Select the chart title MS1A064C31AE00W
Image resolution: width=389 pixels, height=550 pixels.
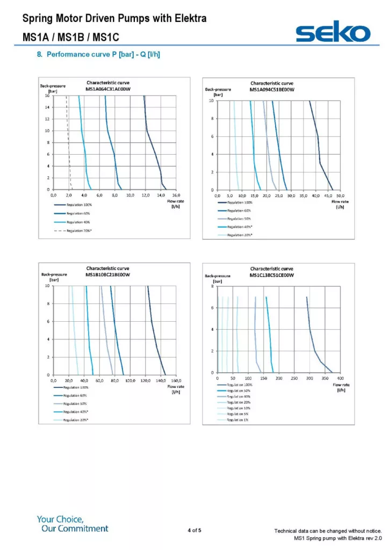coord(109,89)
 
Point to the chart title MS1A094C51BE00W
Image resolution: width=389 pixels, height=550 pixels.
coord(272,89)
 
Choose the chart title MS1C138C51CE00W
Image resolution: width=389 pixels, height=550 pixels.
coord(272,274)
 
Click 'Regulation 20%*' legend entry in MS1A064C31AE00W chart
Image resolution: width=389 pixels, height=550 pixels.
coord(78,230)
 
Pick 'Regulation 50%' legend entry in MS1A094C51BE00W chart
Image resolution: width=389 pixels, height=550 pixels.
coord(240,219)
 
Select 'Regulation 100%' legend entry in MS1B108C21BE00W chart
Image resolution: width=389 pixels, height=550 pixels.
coord(76,387)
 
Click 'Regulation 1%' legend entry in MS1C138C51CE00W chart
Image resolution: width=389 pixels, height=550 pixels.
coord(237,419)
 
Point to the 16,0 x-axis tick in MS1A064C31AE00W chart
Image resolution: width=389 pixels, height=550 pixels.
coord(176,195)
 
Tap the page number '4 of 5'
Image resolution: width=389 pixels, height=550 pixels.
coord(195,531)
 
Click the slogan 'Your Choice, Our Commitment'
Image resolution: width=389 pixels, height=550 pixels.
coord(73,524)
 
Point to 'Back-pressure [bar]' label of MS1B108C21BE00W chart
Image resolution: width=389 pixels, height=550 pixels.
coord(54,277)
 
